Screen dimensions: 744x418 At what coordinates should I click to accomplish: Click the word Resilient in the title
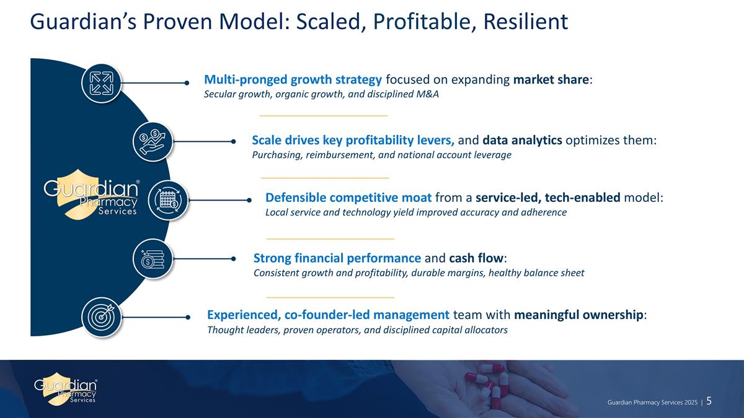point(526,22)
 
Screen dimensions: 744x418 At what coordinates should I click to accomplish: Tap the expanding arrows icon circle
point(102,83)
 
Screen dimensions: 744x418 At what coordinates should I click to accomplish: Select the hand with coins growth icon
point(153,142)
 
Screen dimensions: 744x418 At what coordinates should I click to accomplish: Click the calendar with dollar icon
point(168,201)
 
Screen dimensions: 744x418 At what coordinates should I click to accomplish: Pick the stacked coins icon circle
point(153,259)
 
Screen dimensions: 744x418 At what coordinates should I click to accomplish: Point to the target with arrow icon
point(102,317)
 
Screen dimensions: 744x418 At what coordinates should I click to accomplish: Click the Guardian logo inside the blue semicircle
point(91,194)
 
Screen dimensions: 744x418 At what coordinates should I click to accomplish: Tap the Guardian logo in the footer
point(66,388)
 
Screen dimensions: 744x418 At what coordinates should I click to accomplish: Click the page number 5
point(709,401)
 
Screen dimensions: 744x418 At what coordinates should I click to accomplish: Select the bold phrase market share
point(551,80)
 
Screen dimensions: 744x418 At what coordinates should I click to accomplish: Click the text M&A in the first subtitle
point(427,94)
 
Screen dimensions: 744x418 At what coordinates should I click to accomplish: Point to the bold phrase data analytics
point(522,141)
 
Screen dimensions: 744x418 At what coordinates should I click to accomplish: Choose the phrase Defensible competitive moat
point(348,198)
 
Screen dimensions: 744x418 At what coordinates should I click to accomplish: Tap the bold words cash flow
point(476,258)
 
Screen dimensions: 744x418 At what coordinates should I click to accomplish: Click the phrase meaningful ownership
point(578,315)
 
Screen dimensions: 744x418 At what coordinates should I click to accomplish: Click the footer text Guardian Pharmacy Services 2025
point(652,403)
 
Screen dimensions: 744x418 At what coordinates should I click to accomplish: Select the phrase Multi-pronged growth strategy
point(293,80)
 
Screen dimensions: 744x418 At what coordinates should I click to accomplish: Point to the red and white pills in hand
point(489,385)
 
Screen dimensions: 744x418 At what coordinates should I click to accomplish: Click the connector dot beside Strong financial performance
point(234,259)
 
